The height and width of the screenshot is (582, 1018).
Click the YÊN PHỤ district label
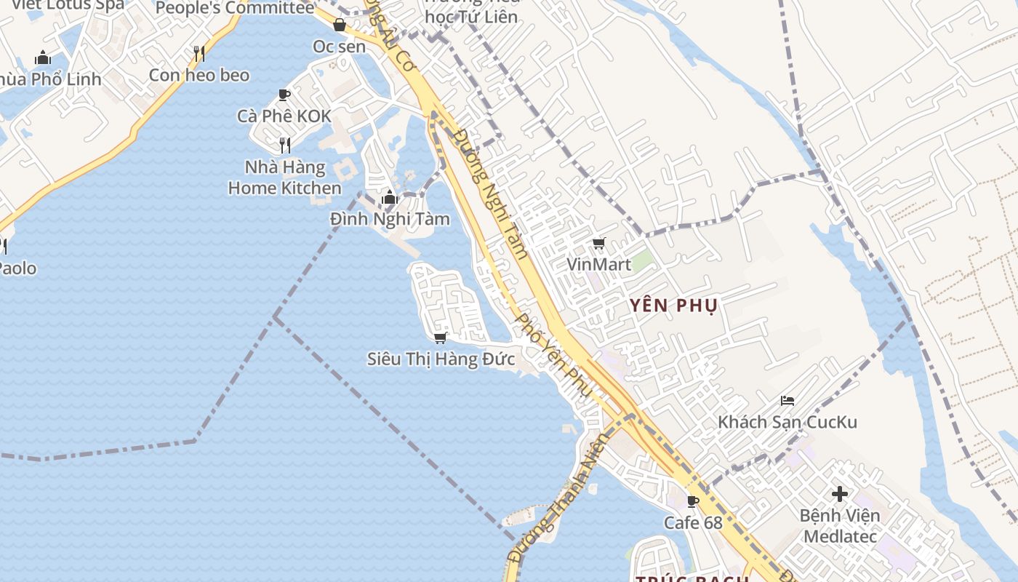(x=673, y=305)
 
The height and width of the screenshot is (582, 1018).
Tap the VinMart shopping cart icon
(x=598, y=244)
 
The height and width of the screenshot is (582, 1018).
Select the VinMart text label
(x=599, y=264)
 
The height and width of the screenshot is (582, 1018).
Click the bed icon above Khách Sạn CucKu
(x=787, y=400)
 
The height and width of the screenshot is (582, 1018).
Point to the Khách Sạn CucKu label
(x=787, y=422)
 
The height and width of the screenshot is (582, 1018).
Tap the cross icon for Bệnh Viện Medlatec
(x=840, y=494)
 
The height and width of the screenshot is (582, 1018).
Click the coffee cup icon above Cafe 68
(x=693, y=501)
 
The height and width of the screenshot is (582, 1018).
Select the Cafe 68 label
(x=693, y=522)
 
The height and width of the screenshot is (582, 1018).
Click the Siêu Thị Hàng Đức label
(x=441, y=359)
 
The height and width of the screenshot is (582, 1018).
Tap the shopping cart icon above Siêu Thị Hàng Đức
(x=439, y=338)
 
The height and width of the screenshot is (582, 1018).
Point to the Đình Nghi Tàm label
(x=390, y=219)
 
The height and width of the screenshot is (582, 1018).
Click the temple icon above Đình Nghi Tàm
(x=390, y=197)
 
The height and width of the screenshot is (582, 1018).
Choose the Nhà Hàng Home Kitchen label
(x=285, y=178)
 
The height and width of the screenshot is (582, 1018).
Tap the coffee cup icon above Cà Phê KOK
(x=284, y=95)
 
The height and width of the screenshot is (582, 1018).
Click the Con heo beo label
(x=199, y=75)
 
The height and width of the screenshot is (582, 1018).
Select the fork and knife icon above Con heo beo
(x=199, y=53)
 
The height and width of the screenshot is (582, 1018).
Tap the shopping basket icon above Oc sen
(x=340, y=25)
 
